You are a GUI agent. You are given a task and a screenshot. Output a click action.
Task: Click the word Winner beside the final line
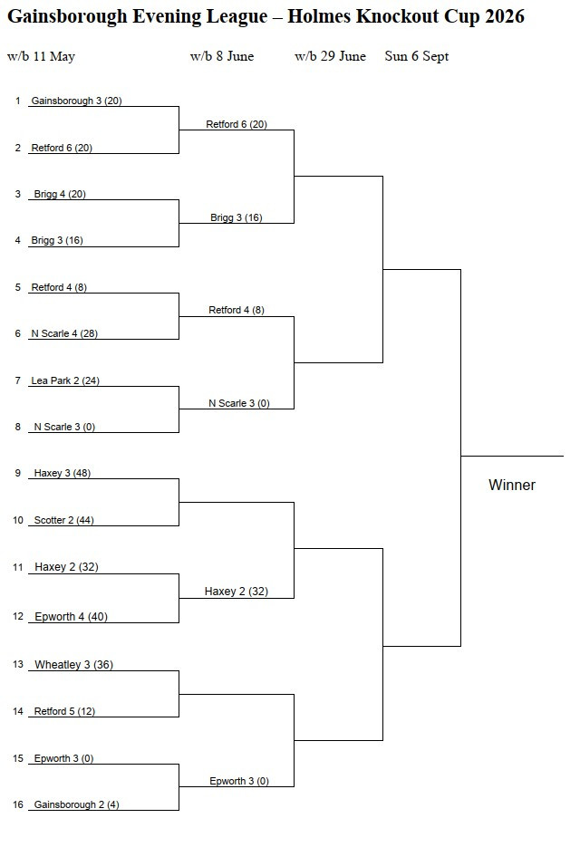tap(512, 485)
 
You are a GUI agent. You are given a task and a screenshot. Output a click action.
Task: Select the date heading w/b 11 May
tap(41, 56)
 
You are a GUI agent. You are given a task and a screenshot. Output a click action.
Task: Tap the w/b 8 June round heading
tap(222, 56)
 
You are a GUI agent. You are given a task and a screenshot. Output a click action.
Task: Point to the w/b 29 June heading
tap(330, 56)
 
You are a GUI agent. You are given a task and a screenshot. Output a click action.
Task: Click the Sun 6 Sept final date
tap(417, 56)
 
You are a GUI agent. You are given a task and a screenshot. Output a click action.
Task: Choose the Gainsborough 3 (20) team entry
tap(76, 101)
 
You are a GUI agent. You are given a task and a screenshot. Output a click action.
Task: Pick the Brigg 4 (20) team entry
tap(60, 194)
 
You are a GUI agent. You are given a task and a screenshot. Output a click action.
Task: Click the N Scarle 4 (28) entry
tap(64, 333)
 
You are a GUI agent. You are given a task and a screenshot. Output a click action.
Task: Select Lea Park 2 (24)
tap(65, 380)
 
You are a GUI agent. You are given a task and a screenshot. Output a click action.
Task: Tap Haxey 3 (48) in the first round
tap(63, 473)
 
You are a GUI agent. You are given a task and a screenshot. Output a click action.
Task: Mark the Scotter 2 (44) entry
tap(63, 520)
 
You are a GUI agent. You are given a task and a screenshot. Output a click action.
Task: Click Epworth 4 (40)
tap(71, 616)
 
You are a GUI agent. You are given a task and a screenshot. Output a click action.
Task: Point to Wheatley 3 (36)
tap(73, 664)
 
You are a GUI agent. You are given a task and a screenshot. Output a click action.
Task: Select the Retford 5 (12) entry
tap(64, 711)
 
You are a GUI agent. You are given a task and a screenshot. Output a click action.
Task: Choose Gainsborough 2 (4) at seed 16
tap(76, 804)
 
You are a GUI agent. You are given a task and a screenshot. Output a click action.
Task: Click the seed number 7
tap(18, 380)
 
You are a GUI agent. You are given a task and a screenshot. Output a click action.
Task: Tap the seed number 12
tap(18, 616)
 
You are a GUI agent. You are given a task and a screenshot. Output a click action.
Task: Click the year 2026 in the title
tap(504, 16)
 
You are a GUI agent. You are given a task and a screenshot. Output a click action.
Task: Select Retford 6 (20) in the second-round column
tap(237, 124)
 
